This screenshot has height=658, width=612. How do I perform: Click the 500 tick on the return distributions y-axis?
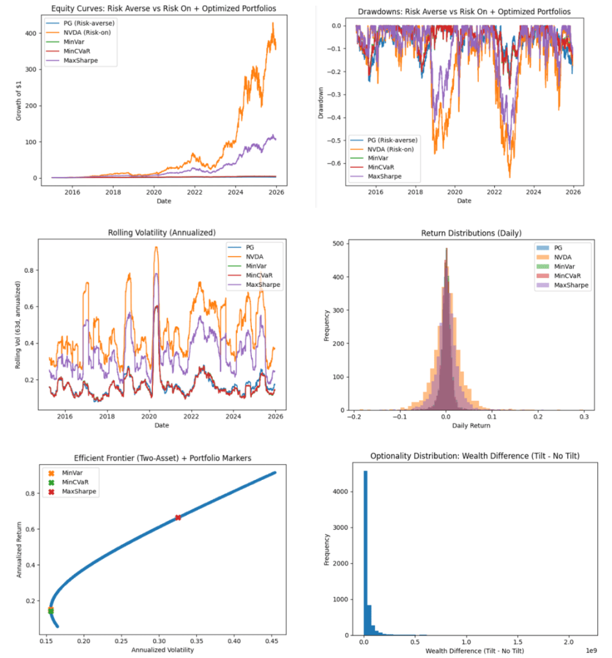tap(337, 242)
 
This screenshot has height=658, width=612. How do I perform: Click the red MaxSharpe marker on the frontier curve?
tap(178, 517)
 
